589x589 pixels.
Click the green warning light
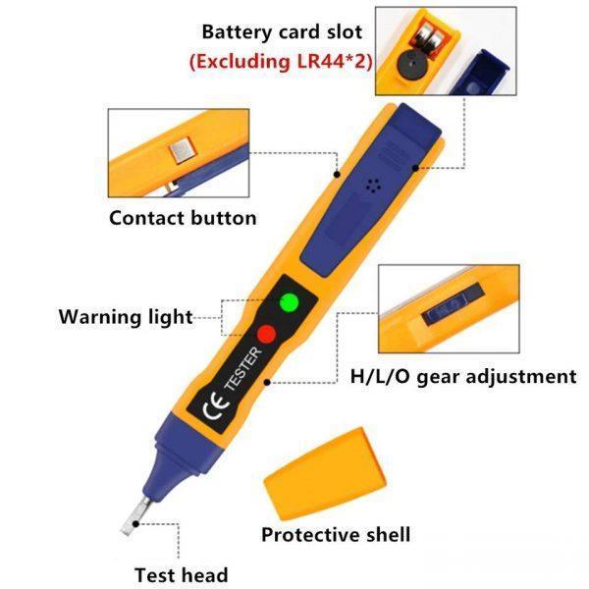point(290,302)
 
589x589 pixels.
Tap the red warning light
point(267,334)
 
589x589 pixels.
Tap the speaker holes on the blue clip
point(373,186)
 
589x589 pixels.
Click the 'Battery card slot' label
point(282,31)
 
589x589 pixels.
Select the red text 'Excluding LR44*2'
point(281,61)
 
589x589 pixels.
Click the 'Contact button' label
point(183,218)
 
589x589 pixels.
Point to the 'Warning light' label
point(126,317)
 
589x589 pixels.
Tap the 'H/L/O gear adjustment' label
point(463,376)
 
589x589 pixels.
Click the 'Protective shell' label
point(336,535)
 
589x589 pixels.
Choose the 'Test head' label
point(182,575)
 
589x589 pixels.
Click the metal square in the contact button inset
point(183,149)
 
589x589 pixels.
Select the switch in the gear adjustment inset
point(453,303)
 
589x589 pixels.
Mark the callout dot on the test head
point(136,523)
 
